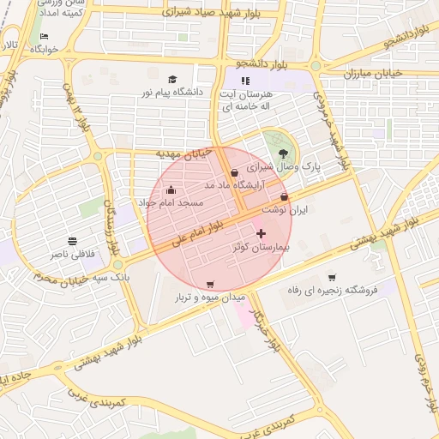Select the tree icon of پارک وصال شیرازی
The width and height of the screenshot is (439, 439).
click(x=284, y=153)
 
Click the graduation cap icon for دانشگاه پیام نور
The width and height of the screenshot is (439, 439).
click(x=171, y=79)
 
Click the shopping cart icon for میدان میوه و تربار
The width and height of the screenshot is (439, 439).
click(x=211, y=284)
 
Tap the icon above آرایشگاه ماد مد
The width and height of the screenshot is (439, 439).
click(x=234, y=172)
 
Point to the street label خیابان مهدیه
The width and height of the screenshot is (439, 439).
click(x=183, y=153)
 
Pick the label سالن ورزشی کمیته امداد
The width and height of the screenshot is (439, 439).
click(x=60, y=11)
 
